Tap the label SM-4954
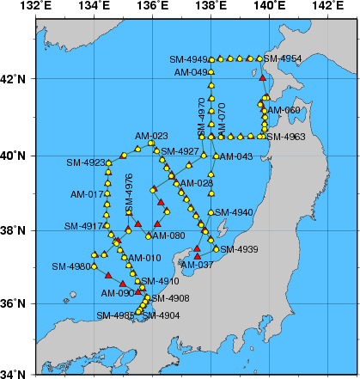pos(283,58)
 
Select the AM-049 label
pos(191,72)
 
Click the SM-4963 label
pos(286,137)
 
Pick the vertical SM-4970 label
pos(201,113)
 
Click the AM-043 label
pos(236,156)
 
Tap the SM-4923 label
pos(84,162)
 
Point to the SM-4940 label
pos(234,212)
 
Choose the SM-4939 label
pos(240,249)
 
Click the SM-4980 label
pos(70,266)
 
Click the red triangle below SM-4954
pos(263,78)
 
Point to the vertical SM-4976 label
pos(129,193)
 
